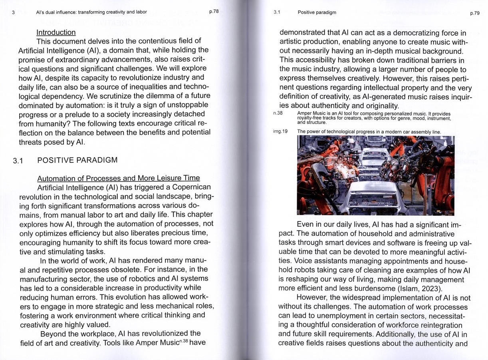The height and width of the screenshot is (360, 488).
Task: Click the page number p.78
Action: click(214, 12)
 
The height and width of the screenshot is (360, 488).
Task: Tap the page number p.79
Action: click(474, 13)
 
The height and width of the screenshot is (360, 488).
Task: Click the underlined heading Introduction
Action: click(56, 32)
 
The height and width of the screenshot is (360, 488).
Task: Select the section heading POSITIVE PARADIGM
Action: click(77, 160)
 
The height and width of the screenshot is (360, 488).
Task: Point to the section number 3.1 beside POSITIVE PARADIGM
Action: click(18, 161)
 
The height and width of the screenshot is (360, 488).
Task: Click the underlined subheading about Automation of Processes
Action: click(118, 178)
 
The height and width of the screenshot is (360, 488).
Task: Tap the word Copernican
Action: click(187, 187)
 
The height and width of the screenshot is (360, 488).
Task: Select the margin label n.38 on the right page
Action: click(278, 113)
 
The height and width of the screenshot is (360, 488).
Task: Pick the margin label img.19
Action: click(280, 131)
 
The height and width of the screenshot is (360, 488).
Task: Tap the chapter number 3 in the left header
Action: click(13, 12)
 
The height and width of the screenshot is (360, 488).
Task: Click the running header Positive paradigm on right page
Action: click(317, 12)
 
